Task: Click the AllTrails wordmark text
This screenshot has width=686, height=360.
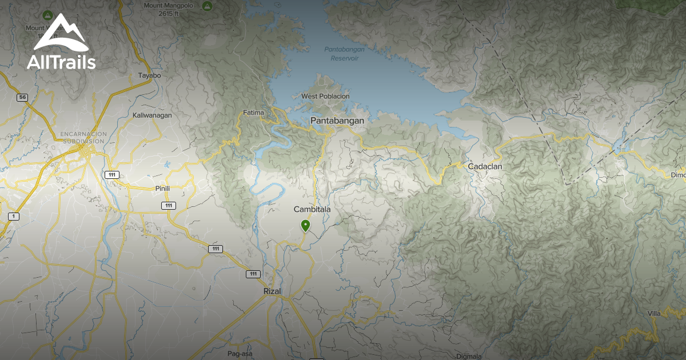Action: [61, 62]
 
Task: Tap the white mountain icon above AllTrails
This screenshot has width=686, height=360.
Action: [60, 34]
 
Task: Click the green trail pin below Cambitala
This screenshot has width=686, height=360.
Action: [306, 226]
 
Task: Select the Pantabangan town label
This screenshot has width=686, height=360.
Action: [337, 121]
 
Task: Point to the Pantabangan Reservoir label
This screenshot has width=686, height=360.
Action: [341, 54]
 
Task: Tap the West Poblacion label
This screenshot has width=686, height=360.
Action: [325, 97]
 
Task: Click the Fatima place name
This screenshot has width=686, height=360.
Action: [253, 113]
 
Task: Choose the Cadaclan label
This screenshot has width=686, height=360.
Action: [485, 166]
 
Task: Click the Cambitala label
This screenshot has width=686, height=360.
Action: [312, 210]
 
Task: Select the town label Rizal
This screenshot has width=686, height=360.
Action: [273, 291]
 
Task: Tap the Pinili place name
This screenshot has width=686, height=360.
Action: [163, 188]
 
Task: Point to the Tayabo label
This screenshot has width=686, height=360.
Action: [150, 75]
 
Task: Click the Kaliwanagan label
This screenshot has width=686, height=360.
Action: [152, 115]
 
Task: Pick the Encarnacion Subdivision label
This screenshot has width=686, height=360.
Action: [82, 137]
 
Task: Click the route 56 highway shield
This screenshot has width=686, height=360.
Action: [22, 98]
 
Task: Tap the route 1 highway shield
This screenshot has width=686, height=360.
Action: [14, 216]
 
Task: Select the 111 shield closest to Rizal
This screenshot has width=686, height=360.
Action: [253, 274]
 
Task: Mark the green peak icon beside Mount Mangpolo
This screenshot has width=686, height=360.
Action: [207, 6]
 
